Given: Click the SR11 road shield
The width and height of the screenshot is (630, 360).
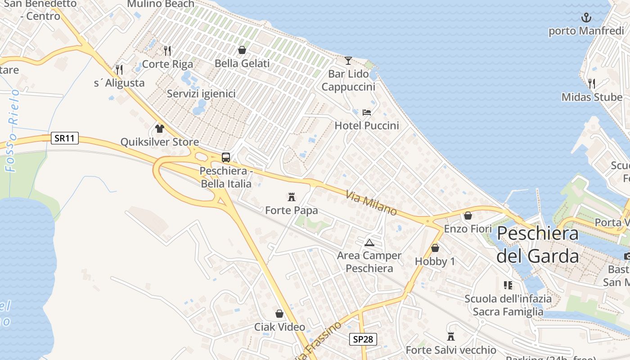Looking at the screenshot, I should coord(65,138).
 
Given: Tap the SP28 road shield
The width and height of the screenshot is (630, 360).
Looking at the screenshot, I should coord(363,339).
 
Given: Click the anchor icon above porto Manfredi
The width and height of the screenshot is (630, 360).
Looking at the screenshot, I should coord(586,18).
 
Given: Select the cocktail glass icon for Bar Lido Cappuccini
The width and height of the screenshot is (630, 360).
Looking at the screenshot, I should coord(348,60).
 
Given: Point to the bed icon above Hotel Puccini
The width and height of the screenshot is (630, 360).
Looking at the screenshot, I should coord(367,112).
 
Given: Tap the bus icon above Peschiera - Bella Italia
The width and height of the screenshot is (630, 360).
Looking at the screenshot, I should coord(226,157).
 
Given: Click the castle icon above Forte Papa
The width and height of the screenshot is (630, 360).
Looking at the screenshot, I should coord(292,197).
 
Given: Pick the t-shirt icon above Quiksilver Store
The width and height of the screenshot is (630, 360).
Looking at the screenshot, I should coord(159,129).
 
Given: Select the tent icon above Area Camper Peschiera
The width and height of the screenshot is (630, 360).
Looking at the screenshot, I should coord(369,243).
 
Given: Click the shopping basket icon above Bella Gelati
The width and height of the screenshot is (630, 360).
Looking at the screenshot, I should coord(242,50).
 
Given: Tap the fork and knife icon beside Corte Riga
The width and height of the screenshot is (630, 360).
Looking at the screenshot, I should coord(167,50).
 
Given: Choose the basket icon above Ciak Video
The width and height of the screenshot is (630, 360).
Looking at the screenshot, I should coord(279,314).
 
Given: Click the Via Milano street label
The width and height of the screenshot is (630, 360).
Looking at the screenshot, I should coord(371,203).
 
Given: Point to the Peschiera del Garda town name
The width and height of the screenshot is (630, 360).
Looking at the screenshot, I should coord(537,245).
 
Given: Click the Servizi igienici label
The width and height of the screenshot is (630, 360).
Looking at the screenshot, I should coord(201,94).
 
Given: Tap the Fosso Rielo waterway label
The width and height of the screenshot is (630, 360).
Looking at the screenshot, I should coord(12,130).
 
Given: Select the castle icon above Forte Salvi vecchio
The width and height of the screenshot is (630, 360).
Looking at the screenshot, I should coord(451,337).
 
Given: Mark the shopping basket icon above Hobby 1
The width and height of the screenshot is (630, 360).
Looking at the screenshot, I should coord(435,248).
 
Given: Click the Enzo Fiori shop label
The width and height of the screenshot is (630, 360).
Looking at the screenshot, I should coord(468,229).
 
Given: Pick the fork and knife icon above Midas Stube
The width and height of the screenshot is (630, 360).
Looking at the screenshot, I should coord(592,83).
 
